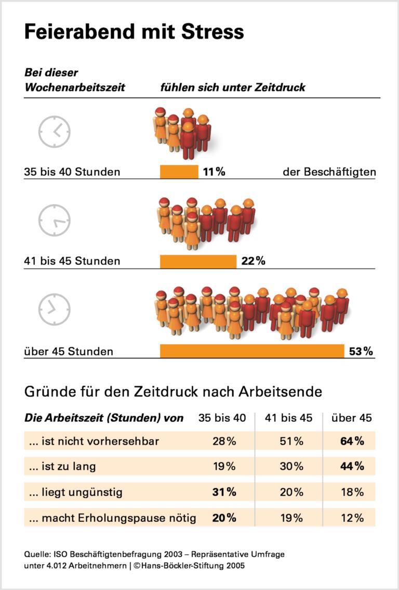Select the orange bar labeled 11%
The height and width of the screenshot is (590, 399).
pos(179,172)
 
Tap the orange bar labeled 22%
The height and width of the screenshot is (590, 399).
pos(198,261)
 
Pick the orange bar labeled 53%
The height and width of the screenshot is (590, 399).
pos(252,351)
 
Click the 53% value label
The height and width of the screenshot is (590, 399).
pos(361,352)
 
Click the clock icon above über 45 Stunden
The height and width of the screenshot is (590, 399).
pos(54,309)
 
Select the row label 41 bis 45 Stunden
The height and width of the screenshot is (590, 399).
pos(72,261)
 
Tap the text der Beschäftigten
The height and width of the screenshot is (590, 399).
pos(329,172)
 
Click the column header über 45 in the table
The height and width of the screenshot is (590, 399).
pos(352,418)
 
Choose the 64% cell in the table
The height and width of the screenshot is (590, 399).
pos(352,442)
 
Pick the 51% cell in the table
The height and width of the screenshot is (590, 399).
pos(291,442)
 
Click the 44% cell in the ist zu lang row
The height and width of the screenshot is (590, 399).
pos(352,467)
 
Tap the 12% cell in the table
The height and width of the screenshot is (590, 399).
pos(352,518)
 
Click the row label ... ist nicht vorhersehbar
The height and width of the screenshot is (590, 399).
pos(94,442)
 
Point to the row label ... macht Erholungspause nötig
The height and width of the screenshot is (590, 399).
pos(112,518)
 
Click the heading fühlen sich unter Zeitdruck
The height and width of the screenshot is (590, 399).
pos(232,87)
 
